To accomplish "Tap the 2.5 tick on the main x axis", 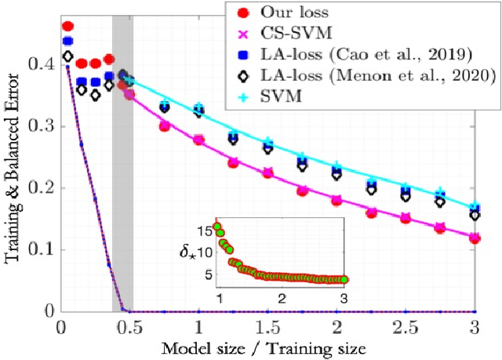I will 405,325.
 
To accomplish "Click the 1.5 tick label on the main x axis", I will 267,325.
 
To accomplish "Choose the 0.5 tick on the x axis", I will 129,325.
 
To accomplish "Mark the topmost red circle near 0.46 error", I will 67,27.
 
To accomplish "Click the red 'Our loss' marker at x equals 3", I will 475,238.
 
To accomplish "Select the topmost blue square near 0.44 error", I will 67,41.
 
